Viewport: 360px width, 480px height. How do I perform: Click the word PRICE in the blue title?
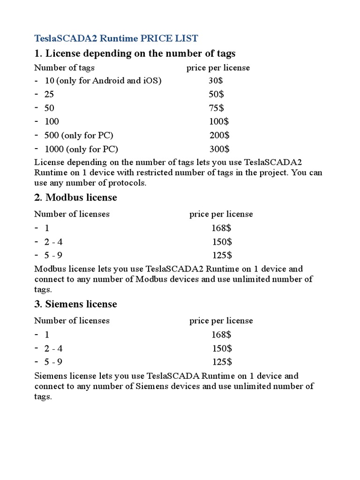[157, 38]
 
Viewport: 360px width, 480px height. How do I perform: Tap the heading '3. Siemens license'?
[75, 304]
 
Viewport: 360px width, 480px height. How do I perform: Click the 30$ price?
[216, 81]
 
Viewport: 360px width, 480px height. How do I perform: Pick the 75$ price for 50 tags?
[216, 108]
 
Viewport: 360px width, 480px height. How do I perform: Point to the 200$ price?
[219, 135]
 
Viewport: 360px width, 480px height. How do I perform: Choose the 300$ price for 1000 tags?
[219, 149]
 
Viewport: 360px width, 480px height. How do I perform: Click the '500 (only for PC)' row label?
[79, 135]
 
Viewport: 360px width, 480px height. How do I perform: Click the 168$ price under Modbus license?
[221, 228]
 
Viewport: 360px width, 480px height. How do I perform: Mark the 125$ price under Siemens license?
[221, 362]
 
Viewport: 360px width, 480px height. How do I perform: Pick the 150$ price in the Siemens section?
[221, 348]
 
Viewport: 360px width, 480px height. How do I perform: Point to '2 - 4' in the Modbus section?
[53, 242]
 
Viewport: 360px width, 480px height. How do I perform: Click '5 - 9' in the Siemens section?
[53, 362]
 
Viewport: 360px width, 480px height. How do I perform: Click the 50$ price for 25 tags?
[216, 94]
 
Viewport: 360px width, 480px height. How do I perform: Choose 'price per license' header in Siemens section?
[221, 321]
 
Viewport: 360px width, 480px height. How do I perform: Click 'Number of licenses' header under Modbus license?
[72, 214]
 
